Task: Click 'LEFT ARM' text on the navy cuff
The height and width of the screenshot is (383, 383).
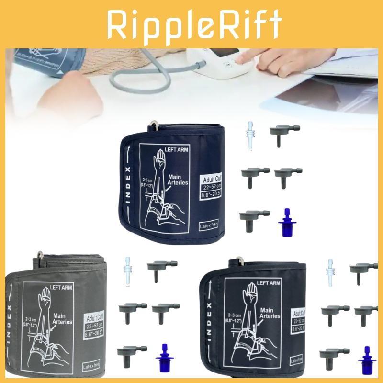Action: click(x=178, y=150)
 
